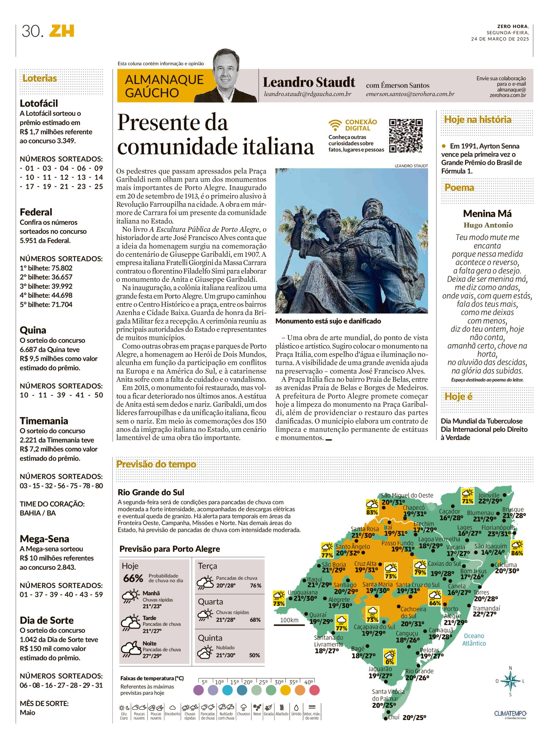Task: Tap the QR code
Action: point(406,136)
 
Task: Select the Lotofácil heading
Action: point(39,103)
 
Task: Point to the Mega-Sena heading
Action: point(44,539)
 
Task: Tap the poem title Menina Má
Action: point(487,214)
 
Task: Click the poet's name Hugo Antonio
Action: point(488,225)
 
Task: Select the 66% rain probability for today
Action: point(133,579)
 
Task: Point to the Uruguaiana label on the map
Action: point(302,592)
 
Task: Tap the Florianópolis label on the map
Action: point(498,528)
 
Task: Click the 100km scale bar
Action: point(289,625)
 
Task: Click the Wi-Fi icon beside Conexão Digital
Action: point(335,125)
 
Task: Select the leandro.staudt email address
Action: point(307,94)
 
